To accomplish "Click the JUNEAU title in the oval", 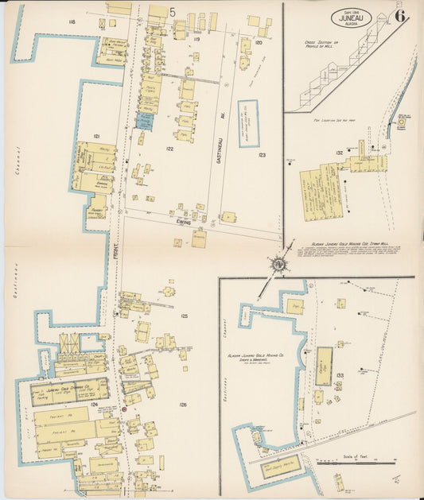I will (352, 17).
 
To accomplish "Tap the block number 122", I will (169, 149).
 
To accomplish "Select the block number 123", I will (261, 156).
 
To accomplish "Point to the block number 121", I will (96, 137).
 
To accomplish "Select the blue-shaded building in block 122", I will (144, 121).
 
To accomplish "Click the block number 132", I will (340, 153).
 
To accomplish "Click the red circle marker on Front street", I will (125, 409).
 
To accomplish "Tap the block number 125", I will (185, 316).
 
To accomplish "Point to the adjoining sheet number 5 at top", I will (173, 12).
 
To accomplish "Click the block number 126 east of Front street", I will (183, 405).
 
